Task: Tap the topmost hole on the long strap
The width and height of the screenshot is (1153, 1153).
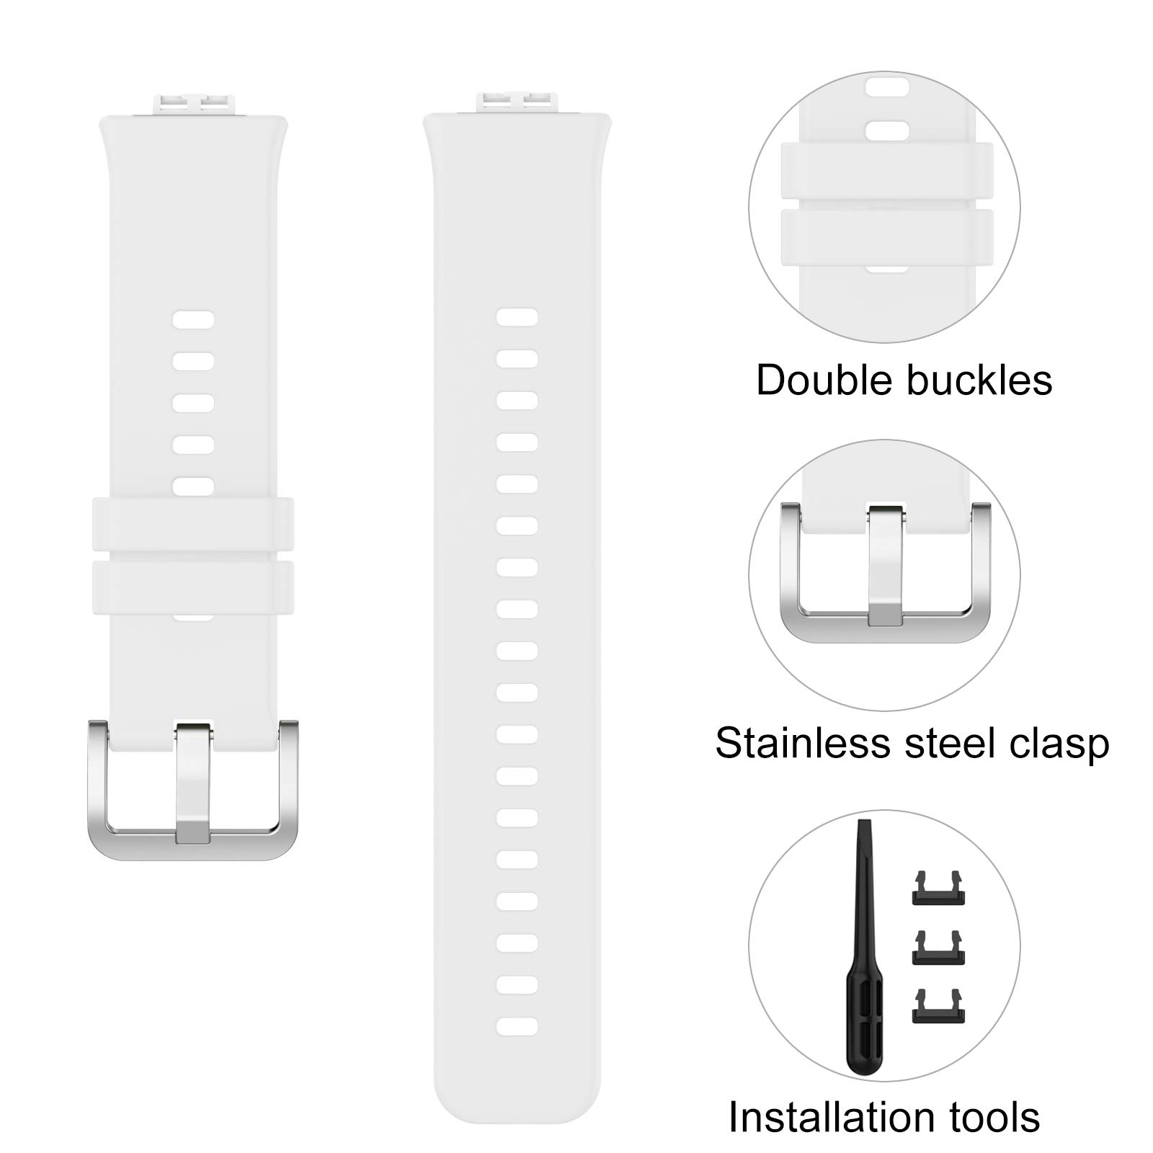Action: click(517, 317)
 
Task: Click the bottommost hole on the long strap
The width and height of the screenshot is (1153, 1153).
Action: click(517, 1026)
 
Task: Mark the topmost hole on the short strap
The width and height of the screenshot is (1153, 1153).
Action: click(193, 320)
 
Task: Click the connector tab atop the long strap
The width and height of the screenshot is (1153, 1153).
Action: click(517, 102)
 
